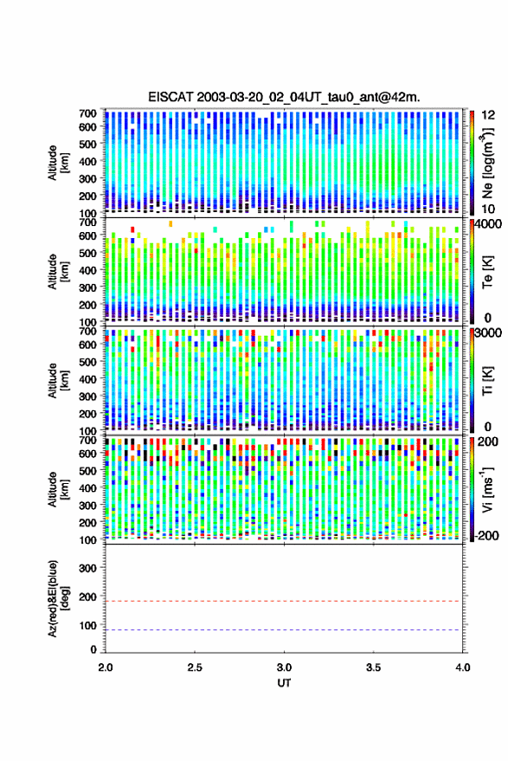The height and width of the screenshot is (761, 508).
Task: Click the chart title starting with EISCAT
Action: coord(285,97)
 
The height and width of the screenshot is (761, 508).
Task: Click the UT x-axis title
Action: coord(285,683)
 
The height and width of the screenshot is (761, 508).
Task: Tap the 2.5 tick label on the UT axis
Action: coord(195,667)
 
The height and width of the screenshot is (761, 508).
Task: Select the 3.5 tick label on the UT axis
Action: coord(374,667)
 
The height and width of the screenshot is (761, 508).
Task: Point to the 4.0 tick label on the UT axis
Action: coord(462,667)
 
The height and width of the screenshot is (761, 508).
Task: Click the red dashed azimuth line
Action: coord(284,601)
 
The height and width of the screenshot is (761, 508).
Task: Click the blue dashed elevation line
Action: coord(284,630)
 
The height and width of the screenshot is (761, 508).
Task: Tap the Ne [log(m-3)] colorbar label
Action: coord(488,163)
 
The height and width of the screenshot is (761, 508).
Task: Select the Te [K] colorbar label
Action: coord(487,273)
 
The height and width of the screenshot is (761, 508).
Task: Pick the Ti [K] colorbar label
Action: coord(487,382)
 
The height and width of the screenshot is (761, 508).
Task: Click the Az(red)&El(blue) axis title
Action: coord(55,599)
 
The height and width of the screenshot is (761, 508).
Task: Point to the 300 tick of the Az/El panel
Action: coord(87,568)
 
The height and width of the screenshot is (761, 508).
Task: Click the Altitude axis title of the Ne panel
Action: coord(58,163)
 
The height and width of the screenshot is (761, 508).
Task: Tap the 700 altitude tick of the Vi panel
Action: coord(87,441)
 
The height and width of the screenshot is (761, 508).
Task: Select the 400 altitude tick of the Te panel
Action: coord(87,270)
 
